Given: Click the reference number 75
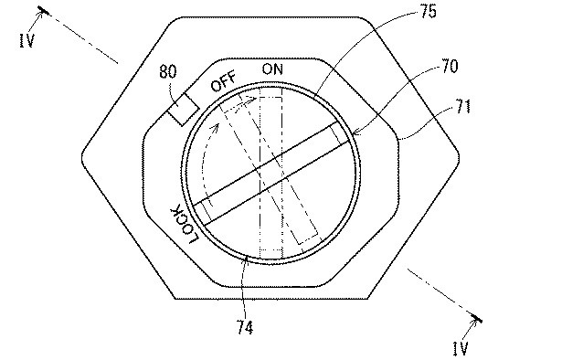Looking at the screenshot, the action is click(x=428, y=12).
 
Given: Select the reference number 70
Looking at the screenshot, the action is click(x=450, y=67).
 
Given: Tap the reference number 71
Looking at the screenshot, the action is click(x=463, y=107).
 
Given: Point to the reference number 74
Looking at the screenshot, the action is click(x=245, y=328).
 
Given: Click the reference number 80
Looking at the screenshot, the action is click(x=168, y=71).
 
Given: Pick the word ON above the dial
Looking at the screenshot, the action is click(x=272, y=69).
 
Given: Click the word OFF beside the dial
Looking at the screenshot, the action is click(x=223, y=81).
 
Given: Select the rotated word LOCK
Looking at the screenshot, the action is click(x=185, y=225).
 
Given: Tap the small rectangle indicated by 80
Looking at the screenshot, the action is click(x=184, y=109).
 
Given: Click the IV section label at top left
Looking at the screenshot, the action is click(x=26, y=40).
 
